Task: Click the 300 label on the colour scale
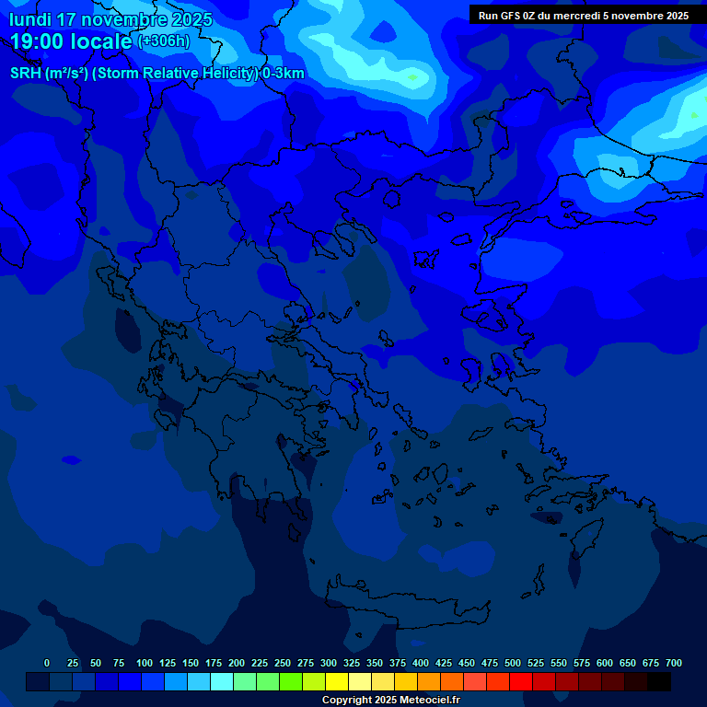click(329, 663)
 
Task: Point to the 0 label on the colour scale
click(47, 663)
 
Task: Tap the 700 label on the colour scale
click(674, 663)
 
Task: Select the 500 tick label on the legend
click(513, 663)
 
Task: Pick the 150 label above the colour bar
click(191, 663)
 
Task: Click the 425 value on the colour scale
click(444, 663)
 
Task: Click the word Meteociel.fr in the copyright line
click(426, 701)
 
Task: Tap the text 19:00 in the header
click(41, 41)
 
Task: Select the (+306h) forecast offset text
click(163, 41)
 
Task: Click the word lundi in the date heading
click(30, 19)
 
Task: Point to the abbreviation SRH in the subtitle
click(26, 74)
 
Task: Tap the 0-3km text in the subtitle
click(283, 74)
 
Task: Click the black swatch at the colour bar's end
click(659, 682)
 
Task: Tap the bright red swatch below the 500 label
click(521, 682)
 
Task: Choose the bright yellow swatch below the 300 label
click(337, 682)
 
